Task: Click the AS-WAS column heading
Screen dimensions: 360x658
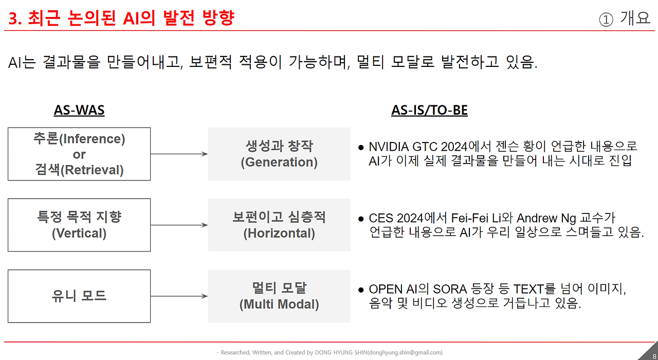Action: (79, 111)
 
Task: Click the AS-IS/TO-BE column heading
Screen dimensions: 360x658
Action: (429, 111)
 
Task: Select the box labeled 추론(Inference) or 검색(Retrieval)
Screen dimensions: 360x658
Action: (79, 154)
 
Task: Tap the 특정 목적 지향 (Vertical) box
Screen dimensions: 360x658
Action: (79, 225)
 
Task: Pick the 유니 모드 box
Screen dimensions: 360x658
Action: (79, 296)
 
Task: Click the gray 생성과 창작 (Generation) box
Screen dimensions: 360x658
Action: (279, 154)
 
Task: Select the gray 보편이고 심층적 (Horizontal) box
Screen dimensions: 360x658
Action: (279, 225)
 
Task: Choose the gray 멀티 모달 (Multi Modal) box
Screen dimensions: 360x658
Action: (279, 296)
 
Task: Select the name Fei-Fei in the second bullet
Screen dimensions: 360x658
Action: (466, 218)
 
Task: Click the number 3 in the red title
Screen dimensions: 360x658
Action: (13, 19)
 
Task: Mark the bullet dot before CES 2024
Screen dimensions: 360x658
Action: (361, 219)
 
